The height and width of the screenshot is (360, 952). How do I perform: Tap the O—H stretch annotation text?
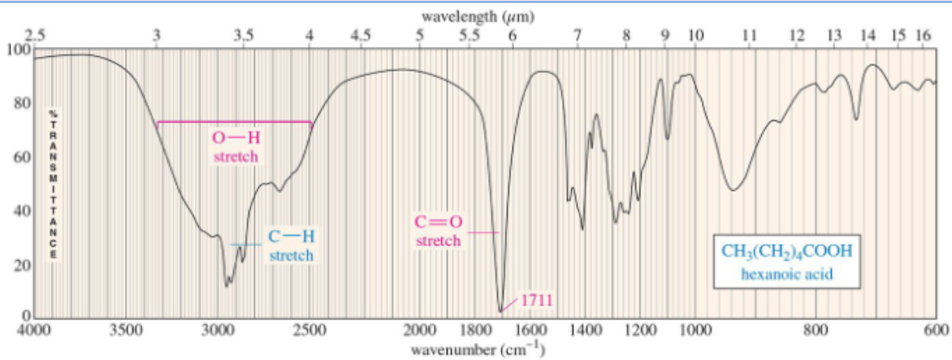pyautogui.click(x=235, y=146)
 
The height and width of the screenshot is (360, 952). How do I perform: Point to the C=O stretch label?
pyautogui.click(x=438, y=231)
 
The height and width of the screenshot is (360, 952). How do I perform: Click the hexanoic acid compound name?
pyautogui.click(x=786, y=275)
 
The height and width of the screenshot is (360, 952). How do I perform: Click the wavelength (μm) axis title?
pyautogui.click(x=477, y=16)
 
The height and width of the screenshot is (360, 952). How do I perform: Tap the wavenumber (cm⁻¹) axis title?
pyautogui.click(x=477, y=350)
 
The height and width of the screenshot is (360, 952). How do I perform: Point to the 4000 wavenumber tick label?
pyautogui.click(x=33, y=332)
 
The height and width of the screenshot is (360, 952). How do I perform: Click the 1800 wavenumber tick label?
pyautogui.click(x=472, y=332)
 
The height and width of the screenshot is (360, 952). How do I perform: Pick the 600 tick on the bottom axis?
pyautogui.click(x=936, y=332)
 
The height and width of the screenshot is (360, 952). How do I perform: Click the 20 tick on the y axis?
pyautogui.click(x=21, y=265)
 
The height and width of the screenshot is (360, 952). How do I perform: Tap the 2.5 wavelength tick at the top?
pyautogui.click(x=35, y=34)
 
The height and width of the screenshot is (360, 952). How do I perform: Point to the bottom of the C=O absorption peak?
pyautogui.click(x=500, y=310)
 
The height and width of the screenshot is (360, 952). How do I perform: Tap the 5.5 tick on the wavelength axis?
pyautogui.click(x=469, y=34)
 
